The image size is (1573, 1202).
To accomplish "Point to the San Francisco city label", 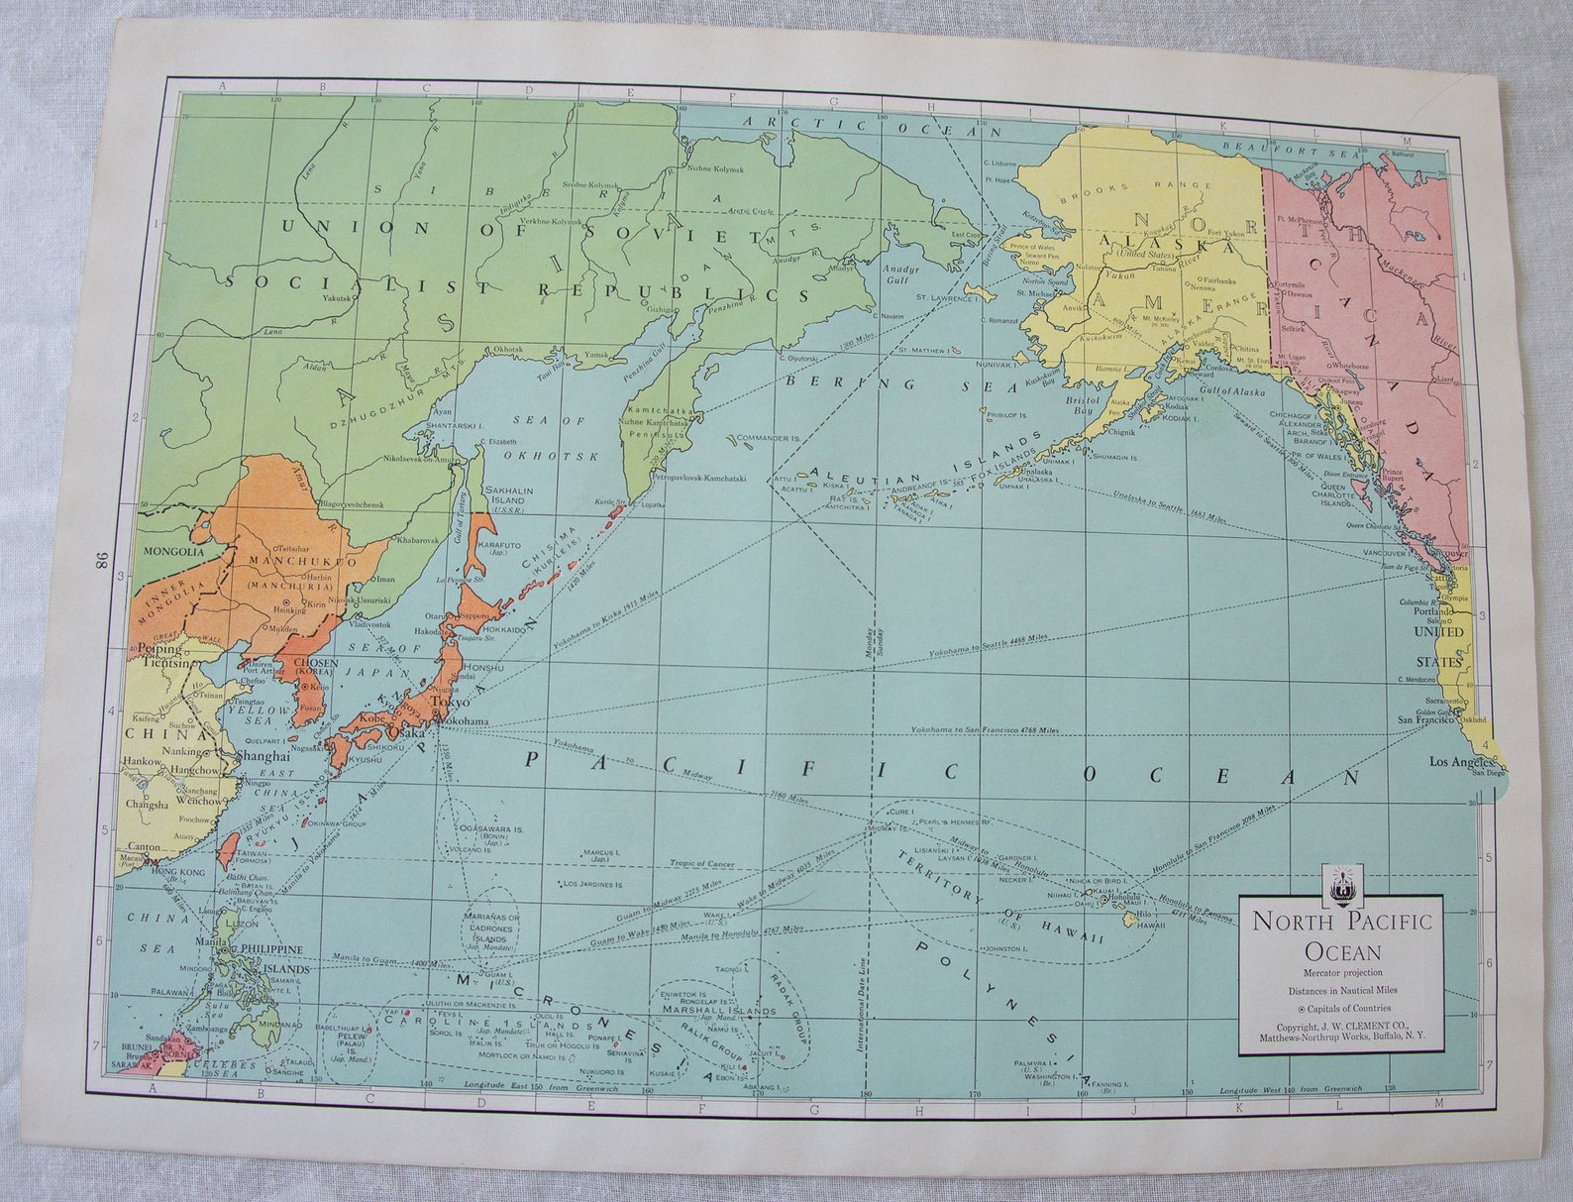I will tap(1428, 719).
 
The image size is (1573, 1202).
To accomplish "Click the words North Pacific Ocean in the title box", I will tap(1342, 934).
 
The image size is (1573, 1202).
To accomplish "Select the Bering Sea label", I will tap(885, 383).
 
